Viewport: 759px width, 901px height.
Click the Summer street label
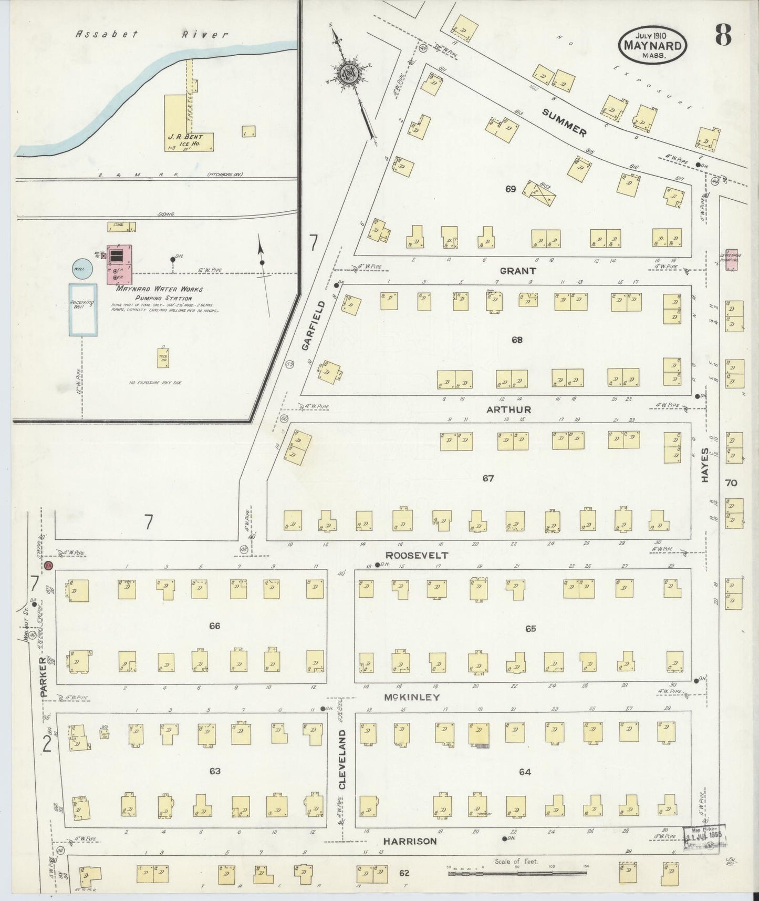pyautogui.click(x=565, y=122)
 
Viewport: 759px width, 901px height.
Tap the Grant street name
pyautogui.click(x=518, y=271)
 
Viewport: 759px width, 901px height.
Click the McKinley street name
pyautogui.click(x=419, y=697)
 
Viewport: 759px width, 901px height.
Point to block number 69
pyautogui.click(x=511, y=189)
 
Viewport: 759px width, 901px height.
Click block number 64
pyautogui.click(x=525, y=772)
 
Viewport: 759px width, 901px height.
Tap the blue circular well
pyautogui.click(x=82, y=269)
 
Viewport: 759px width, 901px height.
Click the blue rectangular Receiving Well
pyautogui.click(x=82, y=310)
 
